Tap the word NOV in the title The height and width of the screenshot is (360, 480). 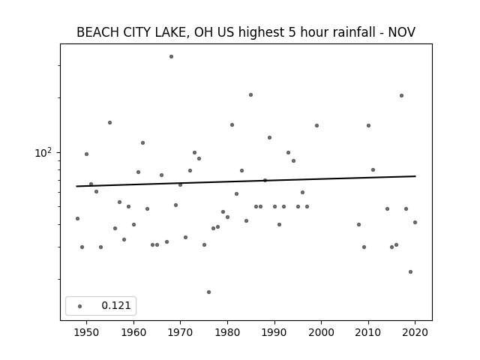coord(402,32)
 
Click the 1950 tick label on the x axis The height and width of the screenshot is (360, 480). coord(87,332)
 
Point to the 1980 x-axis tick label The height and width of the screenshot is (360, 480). coord(227,332)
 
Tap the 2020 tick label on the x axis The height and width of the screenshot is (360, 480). coord(415,332)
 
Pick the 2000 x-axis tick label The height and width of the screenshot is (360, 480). coord(321,332)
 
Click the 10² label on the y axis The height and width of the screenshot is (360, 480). coord(43,152)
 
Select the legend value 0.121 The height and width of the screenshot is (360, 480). coord(116,305)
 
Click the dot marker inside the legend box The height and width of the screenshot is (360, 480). coord(80,307)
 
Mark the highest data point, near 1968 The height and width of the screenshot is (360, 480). coord(172,57)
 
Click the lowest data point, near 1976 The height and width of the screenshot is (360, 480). coord(208,292)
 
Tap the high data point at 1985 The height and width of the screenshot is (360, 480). coord(250,95)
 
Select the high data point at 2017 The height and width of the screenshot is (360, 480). coord(402,95)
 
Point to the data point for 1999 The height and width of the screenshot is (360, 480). coord(316,125)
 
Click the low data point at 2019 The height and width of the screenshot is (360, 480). coord(410,271)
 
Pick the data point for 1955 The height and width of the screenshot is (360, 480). coord(110,123)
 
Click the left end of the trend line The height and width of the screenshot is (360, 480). coord(76,186)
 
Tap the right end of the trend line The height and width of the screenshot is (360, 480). coord(415,176)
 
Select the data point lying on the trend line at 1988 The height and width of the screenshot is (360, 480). coord(265,180)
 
